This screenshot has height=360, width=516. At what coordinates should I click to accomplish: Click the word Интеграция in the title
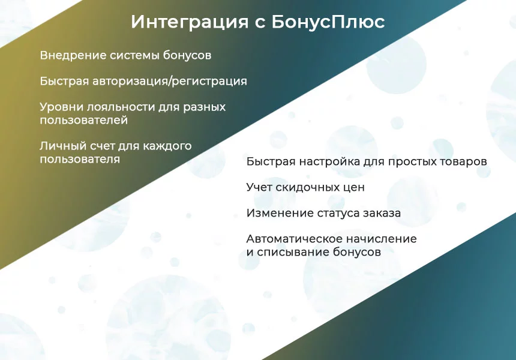190,22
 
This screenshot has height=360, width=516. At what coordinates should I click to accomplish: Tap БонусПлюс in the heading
328,22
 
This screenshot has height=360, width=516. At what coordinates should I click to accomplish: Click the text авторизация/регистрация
170,81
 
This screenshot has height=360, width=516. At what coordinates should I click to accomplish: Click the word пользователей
84,121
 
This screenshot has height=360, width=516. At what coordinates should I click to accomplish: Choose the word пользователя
80,159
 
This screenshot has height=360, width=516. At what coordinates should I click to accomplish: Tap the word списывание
293,253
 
